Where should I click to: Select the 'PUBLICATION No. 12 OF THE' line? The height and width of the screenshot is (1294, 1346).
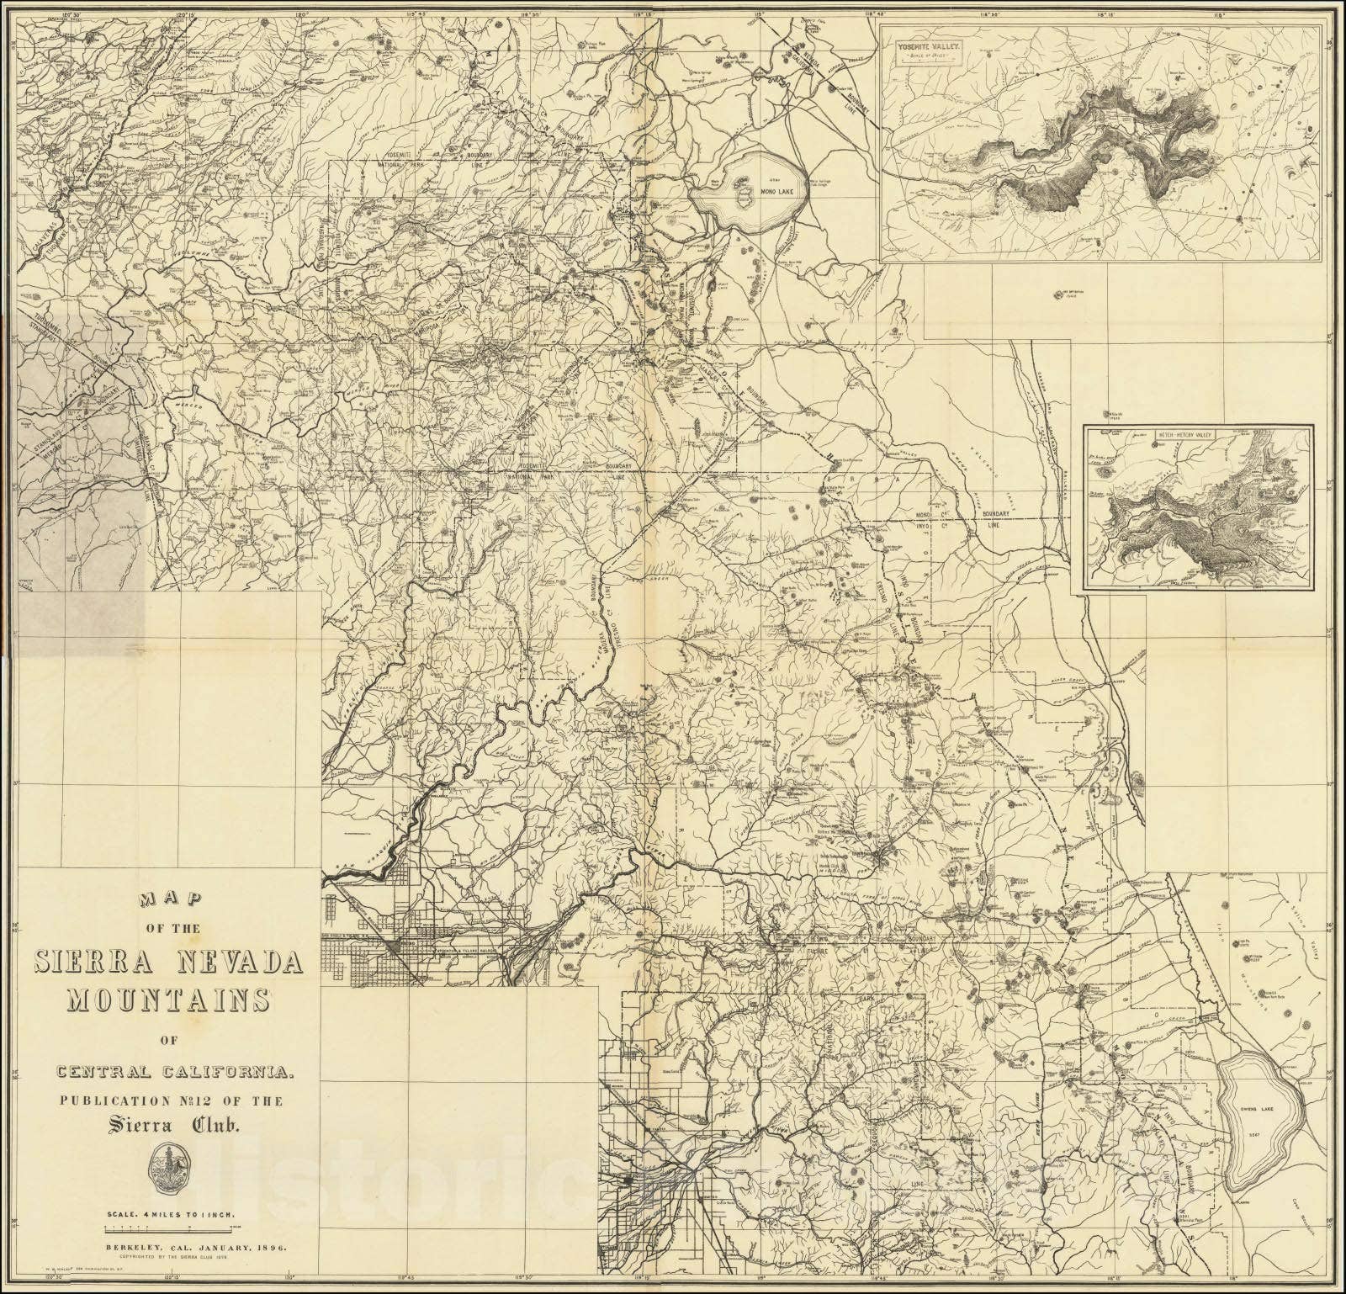coord(169,1100)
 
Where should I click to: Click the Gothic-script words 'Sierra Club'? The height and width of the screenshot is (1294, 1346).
coord(169,1125)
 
